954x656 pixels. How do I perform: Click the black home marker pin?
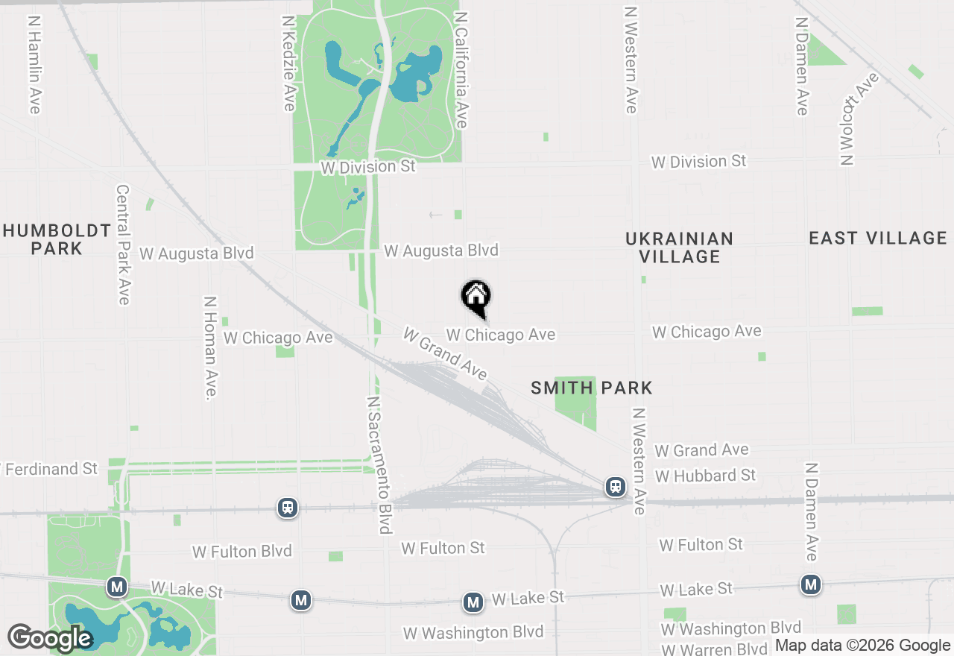[476, 297]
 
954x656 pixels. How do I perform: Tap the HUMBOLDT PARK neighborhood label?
[57, 239]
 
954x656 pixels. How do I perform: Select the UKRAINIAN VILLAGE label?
[679, 247]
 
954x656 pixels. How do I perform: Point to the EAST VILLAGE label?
[878, 238]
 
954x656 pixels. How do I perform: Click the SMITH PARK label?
[592, 388]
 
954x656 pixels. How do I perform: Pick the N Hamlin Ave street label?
[34, 66]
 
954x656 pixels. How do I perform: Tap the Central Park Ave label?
[124, 245]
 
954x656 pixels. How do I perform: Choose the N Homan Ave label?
[211, 347]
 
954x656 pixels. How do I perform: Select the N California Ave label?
[461, 69]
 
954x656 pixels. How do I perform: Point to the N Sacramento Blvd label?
[379, 465]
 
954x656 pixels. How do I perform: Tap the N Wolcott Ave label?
[858, 118]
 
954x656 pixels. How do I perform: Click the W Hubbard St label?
[705, 476]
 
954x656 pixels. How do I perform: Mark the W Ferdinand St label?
[51, 469]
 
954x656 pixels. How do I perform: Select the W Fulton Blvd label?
[242, 552]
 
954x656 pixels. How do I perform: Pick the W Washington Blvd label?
[473, 633]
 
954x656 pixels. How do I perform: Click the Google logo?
[50, 639]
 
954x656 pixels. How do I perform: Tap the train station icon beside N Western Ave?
[616, 487]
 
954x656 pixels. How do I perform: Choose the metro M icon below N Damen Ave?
[811, 585]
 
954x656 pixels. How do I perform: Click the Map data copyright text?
[863, 646]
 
